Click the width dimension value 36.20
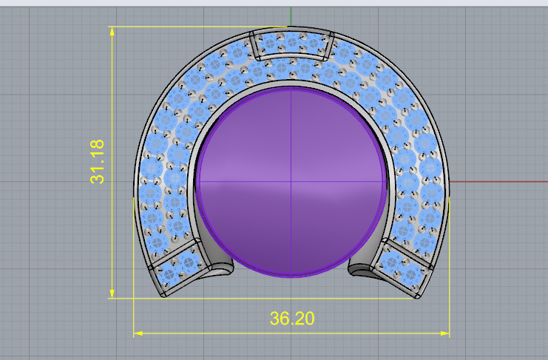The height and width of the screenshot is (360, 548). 292,319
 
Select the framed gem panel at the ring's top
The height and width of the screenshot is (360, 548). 291,46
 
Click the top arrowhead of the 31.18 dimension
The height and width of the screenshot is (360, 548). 112,30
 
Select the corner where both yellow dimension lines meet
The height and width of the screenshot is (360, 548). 133,298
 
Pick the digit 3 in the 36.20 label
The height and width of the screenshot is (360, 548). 274,319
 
